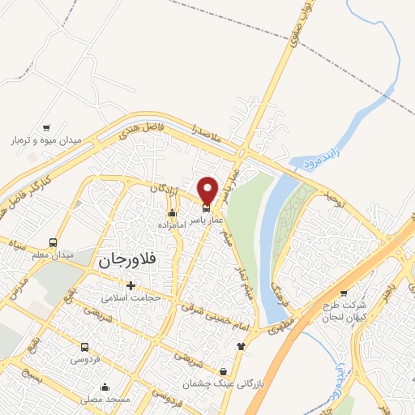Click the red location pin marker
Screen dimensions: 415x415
[x=208, y=190]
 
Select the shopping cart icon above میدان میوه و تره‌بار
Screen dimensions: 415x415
[x=46, y=127]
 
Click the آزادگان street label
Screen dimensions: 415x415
[x=165, y=188]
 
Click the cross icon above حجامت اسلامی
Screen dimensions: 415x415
[x=130, y=285]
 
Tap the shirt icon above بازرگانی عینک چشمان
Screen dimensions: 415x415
[x=239, y=345]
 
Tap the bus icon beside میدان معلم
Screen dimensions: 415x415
[x=53, y=242]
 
